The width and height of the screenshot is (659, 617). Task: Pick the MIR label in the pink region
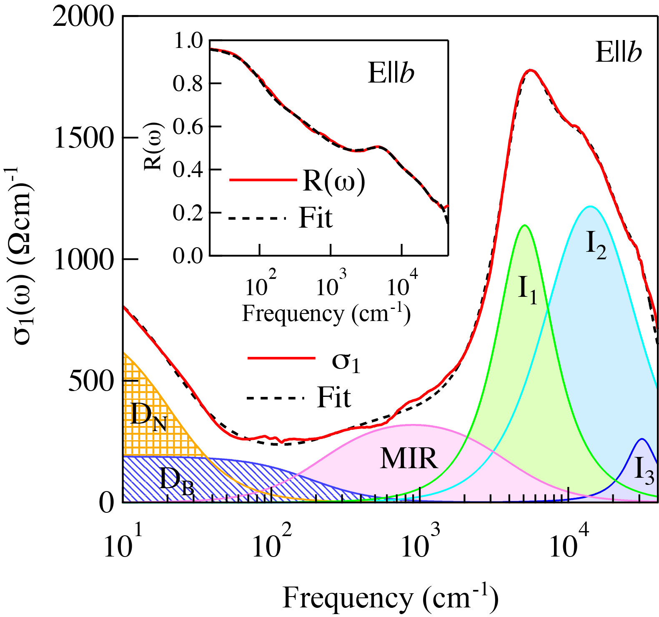click(409, 459)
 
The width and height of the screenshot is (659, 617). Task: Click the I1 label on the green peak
click(527, 289)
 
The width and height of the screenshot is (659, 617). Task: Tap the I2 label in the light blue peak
click(596, 245)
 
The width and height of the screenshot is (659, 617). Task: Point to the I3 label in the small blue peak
click(644, 470)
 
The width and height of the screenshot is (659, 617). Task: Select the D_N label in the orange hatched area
click(148, 416)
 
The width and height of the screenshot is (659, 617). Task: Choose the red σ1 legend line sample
click(281, 358)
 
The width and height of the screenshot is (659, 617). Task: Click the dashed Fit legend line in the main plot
click(277, 398)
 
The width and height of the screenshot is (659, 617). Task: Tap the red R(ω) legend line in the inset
click(263, 180)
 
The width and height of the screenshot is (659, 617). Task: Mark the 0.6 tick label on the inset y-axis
click(187, 126)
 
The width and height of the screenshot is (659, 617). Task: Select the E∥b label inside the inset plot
click(391, 73)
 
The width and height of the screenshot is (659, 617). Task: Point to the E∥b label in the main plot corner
click(618, 53)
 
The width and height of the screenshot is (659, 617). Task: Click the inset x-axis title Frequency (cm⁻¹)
click(326, 314)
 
